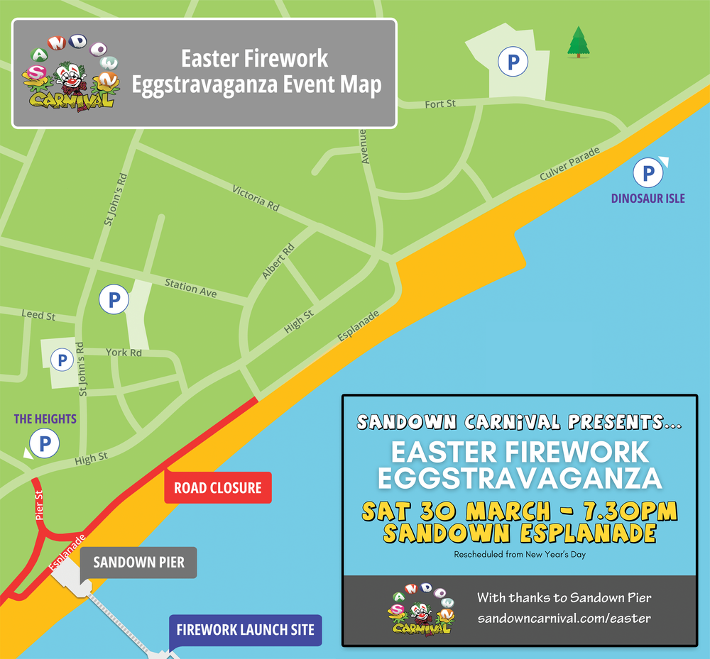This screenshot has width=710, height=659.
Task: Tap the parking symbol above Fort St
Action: click(513, 62)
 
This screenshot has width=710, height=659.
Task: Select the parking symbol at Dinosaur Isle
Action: click(648, 173)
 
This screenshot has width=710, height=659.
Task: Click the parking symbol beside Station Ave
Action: click(114, 299)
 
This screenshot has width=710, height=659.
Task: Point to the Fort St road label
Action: click(440, 104)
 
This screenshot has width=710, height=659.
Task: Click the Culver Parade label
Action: click(569, 163)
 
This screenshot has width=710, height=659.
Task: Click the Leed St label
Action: click(38, 315)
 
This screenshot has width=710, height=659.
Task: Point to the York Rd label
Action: click(124, 353)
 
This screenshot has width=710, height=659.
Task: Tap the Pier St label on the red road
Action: click(40, 504)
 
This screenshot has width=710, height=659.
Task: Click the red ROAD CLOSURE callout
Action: click(218, 488)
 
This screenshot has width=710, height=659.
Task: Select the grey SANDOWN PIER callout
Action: click(138, 563)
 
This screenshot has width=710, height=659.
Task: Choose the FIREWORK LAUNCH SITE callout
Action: click(246, 629)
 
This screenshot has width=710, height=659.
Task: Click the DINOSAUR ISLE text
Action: click(648, 199)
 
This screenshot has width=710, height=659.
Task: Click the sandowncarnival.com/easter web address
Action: click(564, 619)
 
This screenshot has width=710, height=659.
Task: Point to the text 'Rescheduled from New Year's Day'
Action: click(520, 554)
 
